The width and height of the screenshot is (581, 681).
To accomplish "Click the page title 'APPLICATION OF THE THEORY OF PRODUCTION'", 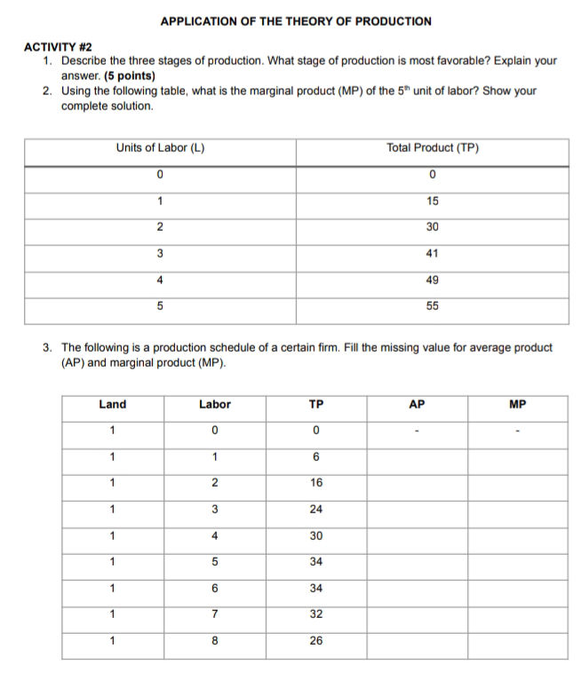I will pyautogui.click(x=296, y=20).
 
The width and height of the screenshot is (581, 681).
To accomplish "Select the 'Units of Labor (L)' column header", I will pyautogui.click(x=160, y=147).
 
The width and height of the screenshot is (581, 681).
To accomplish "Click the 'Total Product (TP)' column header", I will pyautogui.click(x=432, y=147).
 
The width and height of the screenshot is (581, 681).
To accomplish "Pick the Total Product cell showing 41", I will pyautogui.click(x=432, y=253).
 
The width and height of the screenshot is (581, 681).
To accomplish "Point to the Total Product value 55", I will pyautogui.click(x=432, y=305).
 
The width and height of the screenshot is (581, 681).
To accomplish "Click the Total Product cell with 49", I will pyautogui.click(x=432, y=280).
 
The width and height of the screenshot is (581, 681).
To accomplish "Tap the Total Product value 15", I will pyautogui.click(x=432, y=201).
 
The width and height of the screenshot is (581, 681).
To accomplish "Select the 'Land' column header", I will pyautogui.click(x=112, y=404).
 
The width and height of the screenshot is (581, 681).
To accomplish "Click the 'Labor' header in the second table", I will pyautogui.click(x=214, y=404).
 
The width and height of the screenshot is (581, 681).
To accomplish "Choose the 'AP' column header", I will pyautogui.click(x=417, y=404).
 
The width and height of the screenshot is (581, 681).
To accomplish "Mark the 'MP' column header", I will pyautogui.click(x=518, y=404).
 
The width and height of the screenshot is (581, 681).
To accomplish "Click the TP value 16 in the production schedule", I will pyautogui.click(x=315, y=483).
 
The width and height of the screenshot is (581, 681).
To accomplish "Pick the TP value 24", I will pyautogui.click(x=315, y=510).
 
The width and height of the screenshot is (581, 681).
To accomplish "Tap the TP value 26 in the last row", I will pyautogui.click(x=315, y=641).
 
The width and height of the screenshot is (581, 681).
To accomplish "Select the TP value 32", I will pyautogui.click(x=315, y=614).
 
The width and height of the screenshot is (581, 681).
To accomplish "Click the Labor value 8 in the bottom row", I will pyautogui.click(x=214, y=641).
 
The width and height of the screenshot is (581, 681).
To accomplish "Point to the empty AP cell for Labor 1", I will pyautogui.click(x=417, y=457).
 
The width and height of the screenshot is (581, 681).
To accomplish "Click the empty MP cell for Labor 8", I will pyautogui.click(x=518, y=641).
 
